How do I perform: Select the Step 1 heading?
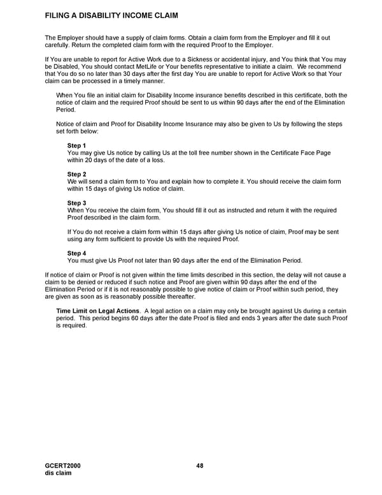click(x=76, y=146)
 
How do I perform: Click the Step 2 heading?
click(x=76, y=174)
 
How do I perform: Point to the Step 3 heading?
click(x=76, y=203)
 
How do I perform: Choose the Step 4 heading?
click(x=76, y=253)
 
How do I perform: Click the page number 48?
click(x=200, y=466)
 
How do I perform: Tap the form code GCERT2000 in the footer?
click(x=63, y=466)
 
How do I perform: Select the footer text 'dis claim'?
click(x=58, y=474)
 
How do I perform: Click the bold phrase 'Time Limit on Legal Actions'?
click(x=97, y=311)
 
